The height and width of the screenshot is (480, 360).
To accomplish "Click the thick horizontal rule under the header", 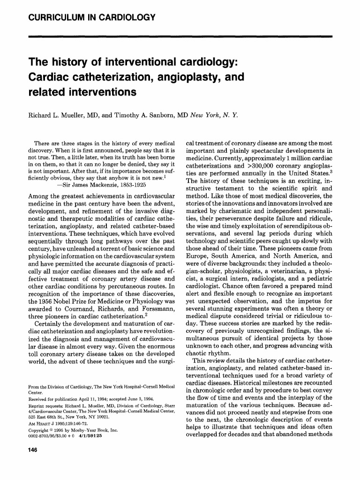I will coord(180,36).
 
